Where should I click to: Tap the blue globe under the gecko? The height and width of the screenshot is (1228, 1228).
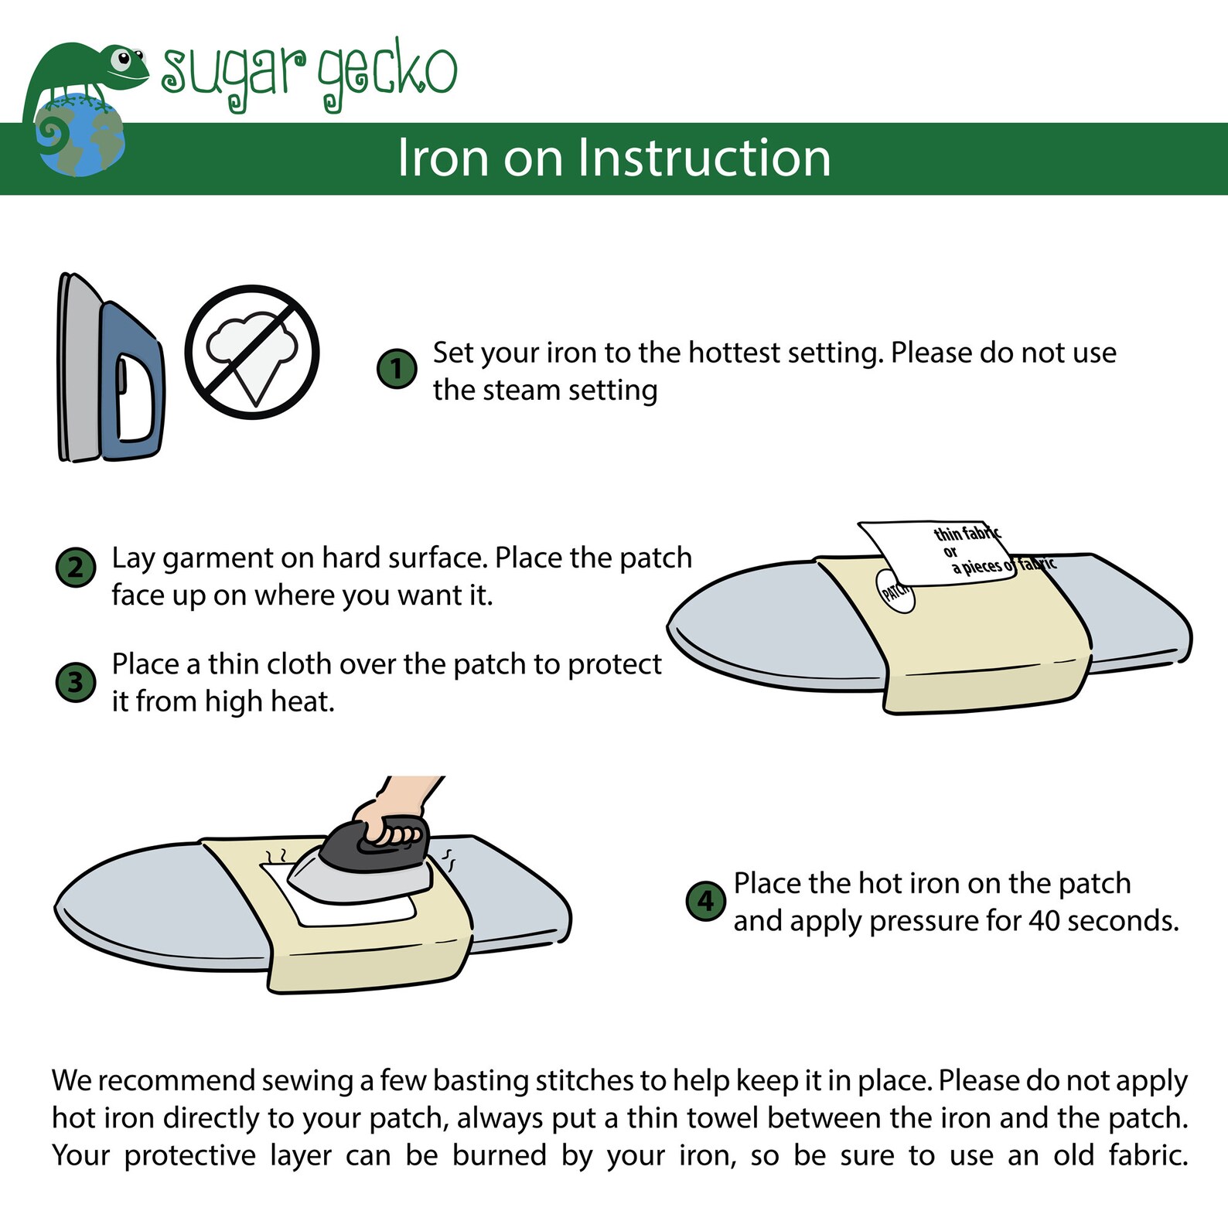(80, 136)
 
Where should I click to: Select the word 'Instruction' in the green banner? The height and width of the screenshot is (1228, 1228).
(704, 158)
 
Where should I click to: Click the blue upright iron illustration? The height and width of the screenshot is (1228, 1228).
(110, 368)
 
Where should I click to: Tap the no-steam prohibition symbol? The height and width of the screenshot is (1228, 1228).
(252, 353)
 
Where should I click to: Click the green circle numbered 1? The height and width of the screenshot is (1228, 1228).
(397, 369)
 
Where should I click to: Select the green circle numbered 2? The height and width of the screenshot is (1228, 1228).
(76, 567)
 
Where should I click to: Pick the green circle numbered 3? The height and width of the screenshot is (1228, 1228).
(76, 682)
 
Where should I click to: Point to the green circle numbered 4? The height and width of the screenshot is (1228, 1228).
(706, 901)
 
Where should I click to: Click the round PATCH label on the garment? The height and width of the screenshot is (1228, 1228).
(895, 592)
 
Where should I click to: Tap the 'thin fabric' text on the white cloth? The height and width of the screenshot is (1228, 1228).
(967, 533)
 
